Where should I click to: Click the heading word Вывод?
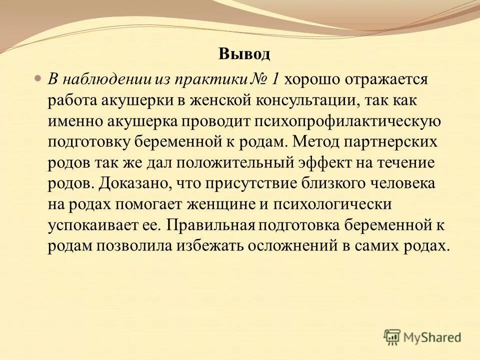(x=244, y=54)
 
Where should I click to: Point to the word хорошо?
(x=311, y=79)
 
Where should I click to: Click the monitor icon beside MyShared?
(x=392, y=337)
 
